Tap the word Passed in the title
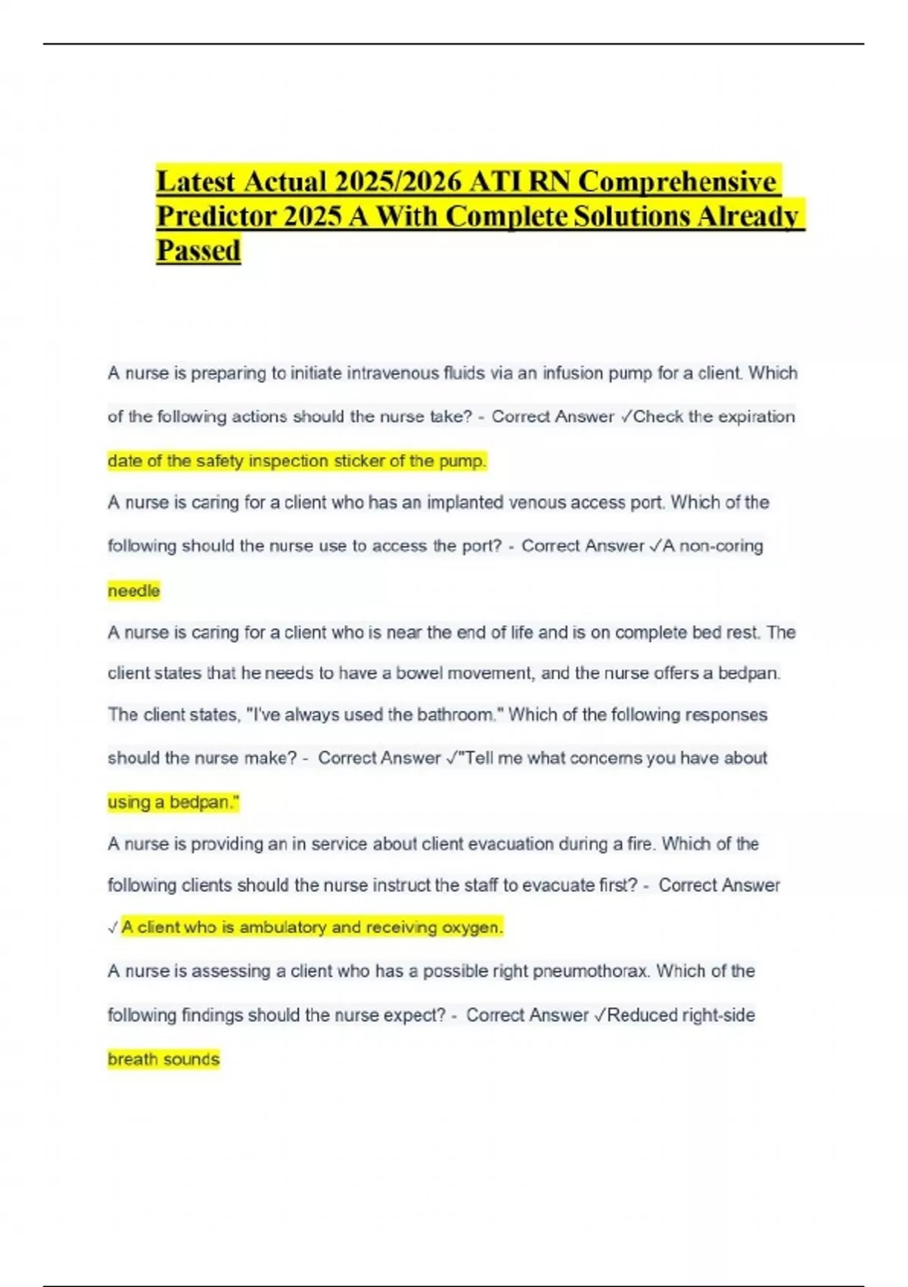(198, 251)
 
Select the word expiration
(756, 416)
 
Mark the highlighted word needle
(134, 591)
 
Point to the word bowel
(419, 673)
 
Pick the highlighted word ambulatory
(283, 927)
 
